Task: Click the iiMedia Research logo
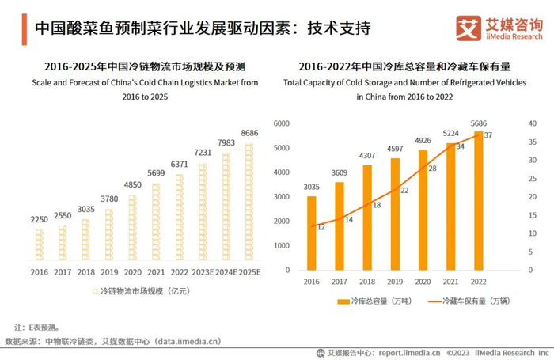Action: click(499, 28)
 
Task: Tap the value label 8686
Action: click(250, 133)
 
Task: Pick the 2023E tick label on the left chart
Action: click(203, 272)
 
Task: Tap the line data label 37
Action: click(488, 135)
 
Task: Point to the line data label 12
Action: click(321, 227)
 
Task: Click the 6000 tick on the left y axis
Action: click(283, 124)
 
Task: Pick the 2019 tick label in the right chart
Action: click(395, 281)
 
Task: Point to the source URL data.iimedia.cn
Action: click(185, 341)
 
